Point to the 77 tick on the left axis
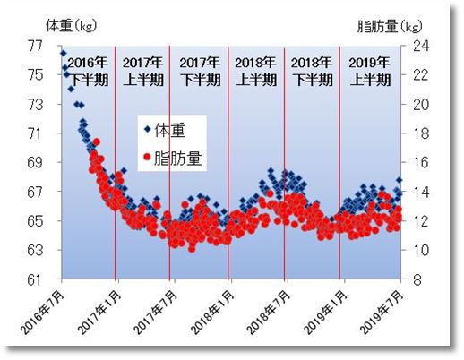coord(36,46)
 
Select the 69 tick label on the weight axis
coord(36,162)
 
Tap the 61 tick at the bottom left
coord(36,279)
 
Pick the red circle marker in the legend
coord(147,158)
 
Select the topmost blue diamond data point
coord(62,53)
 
